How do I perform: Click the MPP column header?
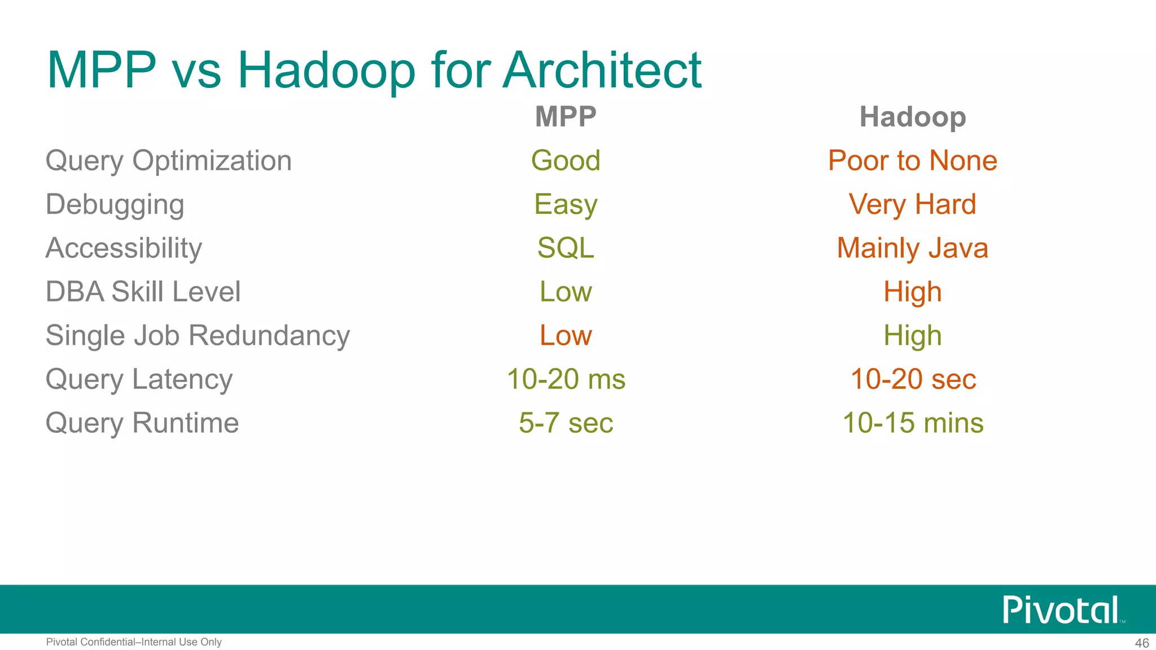[566, 117]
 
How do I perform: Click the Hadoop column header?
[912, 117]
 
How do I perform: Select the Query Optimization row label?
[168, 161]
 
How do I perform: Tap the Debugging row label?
[115, 205]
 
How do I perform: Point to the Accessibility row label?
[124, 248]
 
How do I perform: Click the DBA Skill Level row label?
[143, 292]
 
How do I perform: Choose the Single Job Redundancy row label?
[198, 336]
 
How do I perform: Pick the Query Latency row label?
[139, 379]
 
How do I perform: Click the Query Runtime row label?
[142, 423]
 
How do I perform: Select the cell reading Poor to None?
[912, 161]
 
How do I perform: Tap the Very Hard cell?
[912, 204]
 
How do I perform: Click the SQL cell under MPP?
[566, 248]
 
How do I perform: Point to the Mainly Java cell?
[912, 248]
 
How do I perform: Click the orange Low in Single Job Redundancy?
[566, 336]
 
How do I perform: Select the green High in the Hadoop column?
[912, 336]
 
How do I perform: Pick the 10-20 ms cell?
[566, 379]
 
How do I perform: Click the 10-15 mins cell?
[912, 423]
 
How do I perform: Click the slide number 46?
[1142, 643]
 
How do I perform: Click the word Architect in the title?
[602, 71]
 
